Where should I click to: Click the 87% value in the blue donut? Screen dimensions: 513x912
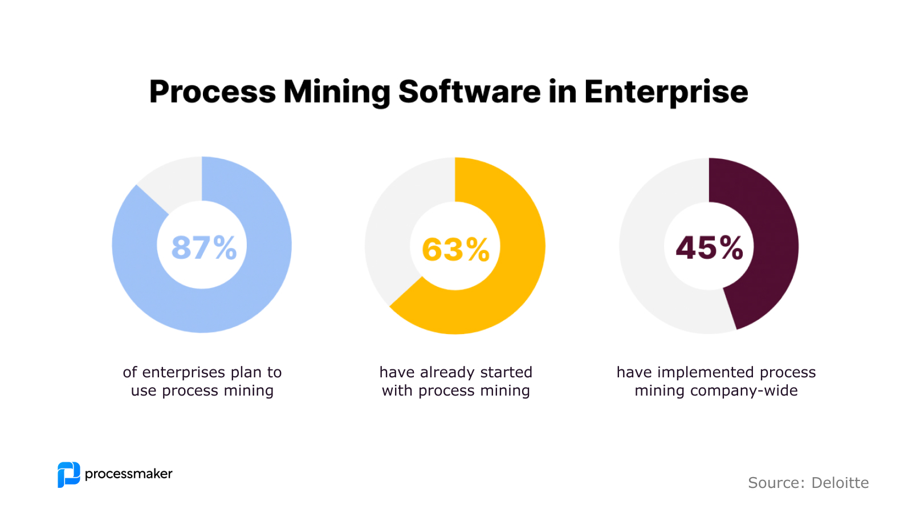204,247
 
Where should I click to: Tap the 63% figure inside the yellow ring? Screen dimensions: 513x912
455,250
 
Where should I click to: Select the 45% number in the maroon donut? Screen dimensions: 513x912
709,248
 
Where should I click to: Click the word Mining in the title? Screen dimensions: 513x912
336,92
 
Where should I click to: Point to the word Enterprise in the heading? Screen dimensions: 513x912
666,92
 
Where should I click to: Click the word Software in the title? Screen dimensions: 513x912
469,91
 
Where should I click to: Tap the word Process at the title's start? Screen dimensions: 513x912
212,91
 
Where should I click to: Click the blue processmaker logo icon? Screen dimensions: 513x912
68,474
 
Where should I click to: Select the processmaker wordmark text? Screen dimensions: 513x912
128,474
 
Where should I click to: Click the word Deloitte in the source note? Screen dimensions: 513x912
840,483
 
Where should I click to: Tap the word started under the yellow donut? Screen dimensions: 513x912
506,372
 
